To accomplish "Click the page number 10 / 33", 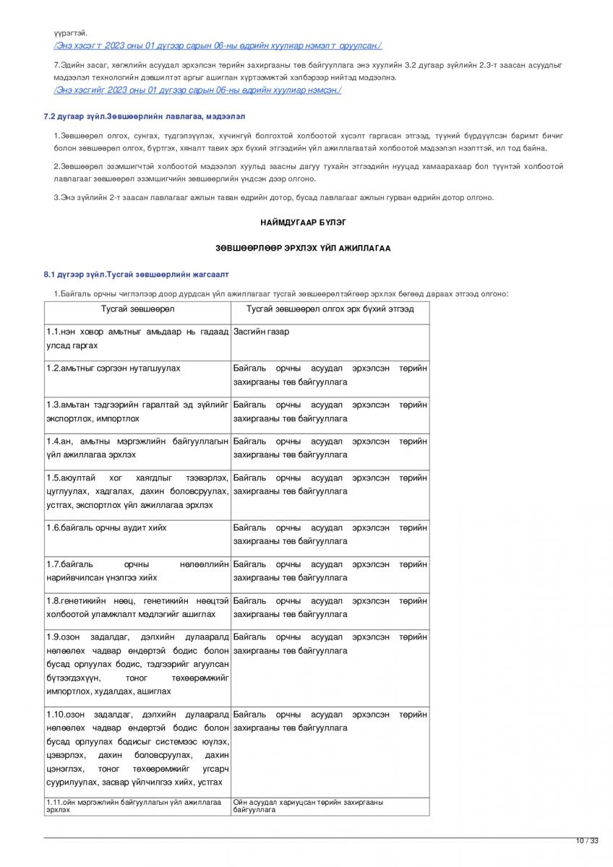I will (x=587, y=840).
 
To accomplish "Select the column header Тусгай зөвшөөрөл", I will (x=137, y=309).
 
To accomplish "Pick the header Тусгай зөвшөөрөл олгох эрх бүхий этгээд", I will (x=330, y=309).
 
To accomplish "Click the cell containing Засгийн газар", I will (x=261, y=332).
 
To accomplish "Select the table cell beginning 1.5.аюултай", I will (x=137, y=491).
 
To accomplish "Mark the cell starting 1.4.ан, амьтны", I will (x=137, y=448).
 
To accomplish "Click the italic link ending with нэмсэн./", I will (x=197, y=90).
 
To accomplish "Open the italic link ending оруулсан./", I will (x=218, y=46).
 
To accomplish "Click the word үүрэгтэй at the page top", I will (x=70, y=33).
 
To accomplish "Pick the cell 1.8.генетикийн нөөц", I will (x=137, y=608).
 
